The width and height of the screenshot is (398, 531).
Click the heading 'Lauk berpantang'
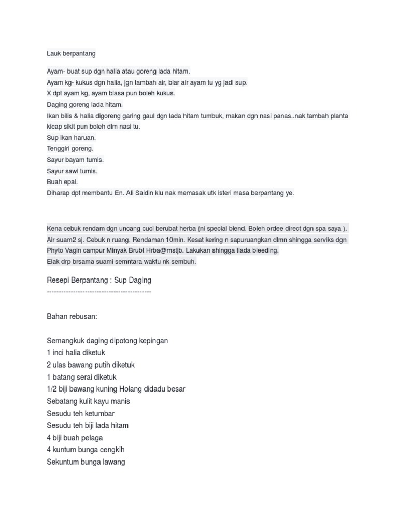pos(71,53)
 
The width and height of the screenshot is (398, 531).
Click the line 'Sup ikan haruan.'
pos(71,138)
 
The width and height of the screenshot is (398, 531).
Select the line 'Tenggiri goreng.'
pos(70,149)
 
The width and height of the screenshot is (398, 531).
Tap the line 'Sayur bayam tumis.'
pos(75,160)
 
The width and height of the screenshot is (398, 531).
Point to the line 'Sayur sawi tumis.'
pos(72,171)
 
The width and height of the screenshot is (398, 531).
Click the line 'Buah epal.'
pos(62,182)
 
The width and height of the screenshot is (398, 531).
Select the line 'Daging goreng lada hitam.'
pos(84,104)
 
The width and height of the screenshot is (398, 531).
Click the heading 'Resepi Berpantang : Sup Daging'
pos(99,281)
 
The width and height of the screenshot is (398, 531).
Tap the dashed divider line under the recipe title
pos(99,292)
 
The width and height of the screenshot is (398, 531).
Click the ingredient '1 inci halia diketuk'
pos(76,353)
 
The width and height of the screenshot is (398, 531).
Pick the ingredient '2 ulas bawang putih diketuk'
pos(91,365)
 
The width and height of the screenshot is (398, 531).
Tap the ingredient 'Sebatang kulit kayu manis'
pos(88,401)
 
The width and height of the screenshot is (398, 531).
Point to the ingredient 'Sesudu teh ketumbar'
pos(80,413)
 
